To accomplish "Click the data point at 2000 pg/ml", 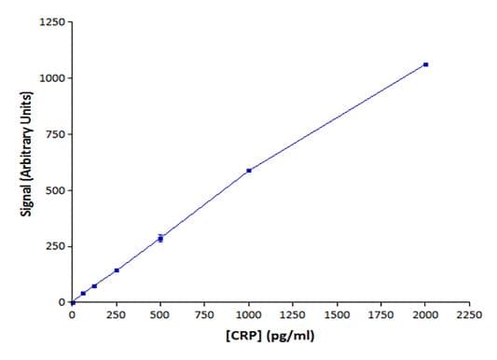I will point(425,64).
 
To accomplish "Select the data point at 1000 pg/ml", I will point(249,171).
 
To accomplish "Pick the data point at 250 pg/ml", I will point(117,270).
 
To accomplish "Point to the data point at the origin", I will point(73,302).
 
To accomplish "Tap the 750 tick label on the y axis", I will point(54,134).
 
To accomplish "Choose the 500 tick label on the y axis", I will point(54,190).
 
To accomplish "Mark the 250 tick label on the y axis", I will point(54,246).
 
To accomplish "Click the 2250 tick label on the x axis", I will point(469,316).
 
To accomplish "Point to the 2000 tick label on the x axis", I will point(425,316).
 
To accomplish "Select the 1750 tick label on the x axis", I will point(381,316).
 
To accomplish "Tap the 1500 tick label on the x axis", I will point(337,316).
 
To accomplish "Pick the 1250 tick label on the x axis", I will point(293,316).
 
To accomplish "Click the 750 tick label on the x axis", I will point(204,316).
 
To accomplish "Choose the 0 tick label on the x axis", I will point(73,316).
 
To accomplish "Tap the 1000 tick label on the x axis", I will point(249,316).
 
